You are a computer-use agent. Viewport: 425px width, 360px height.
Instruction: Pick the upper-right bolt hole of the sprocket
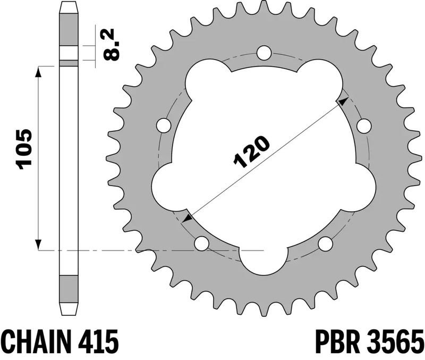pos(363,126)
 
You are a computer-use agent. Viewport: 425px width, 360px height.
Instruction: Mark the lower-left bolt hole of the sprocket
pos(201,244)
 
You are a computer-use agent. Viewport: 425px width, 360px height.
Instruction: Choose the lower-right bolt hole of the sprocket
pos(325,244)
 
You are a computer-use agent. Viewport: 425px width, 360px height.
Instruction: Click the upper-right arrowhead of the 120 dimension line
pos(344,101)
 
